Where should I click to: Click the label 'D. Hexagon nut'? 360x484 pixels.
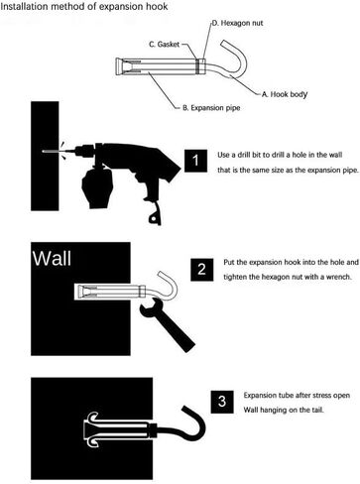237,23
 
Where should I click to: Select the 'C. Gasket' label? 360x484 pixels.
165,45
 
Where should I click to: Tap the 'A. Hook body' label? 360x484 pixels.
285,94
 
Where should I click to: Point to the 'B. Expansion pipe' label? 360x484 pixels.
211,108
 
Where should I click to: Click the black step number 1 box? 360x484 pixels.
195,161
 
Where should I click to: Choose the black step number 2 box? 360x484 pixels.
201,270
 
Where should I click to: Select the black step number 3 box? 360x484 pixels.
222,402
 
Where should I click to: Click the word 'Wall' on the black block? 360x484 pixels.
52,258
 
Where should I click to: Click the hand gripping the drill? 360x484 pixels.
97,187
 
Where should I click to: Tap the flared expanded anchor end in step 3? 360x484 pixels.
90,429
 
